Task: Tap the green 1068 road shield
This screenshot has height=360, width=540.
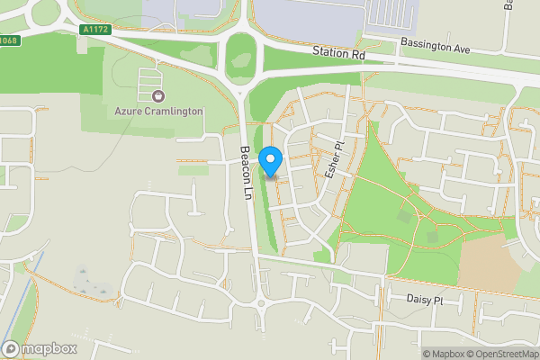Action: point(9,40)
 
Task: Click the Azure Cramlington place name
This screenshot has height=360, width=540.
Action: point(158,112)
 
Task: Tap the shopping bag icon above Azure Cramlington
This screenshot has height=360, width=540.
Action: point(158,95)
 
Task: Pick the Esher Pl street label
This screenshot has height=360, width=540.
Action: point(332,161)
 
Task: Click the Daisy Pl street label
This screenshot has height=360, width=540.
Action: point(426,301)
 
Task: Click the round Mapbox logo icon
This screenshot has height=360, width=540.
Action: point(11,348)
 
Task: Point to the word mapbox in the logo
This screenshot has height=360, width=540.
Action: point(49,348)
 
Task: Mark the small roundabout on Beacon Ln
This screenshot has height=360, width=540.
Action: point(263,303)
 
